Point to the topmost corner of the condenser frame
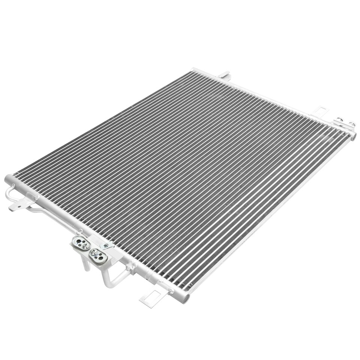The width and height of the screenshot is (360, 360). click(x=194, y=70)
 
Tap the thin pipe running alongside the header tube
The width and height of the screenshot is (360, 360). click(x=52, y=214)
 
